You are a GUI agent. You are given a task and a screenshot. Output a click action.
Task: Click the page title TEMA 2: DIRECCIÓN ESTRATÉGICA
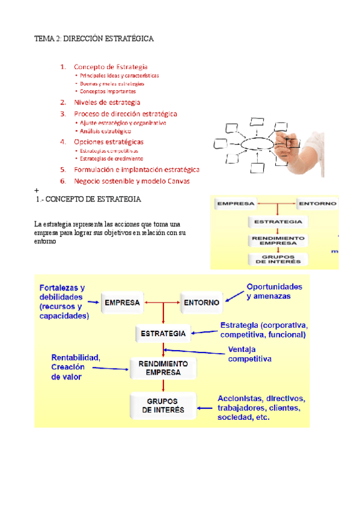(x=93, y=38)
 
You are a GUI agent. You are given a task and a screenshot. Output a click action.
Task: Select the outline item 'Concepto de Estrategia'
(x=111, y=67)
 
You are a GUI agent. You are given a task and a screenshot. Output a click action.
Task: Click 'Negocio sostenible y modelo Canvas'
(x=132, y=180)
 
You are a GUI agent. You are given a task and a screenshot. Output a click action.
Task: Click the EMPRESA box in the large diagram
(x=123, y=303)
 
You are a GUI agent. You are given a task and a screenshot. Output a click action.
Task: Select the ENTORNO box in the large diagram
(x=201, y=303)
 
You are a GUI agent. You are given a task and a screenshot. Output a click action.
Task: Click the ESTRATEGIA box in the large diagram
(x=162, y=333)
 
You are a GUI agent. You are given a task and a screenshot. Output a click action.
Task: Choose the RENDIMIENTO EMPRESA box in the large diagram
(x=163, y=368)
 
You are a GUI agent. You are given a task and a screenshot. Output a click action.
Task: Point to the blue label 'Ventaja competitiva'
(x=249, y=354)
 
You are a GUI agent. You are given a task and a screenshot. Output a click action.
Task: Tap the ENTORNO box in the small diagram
(x=317, y=203)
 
